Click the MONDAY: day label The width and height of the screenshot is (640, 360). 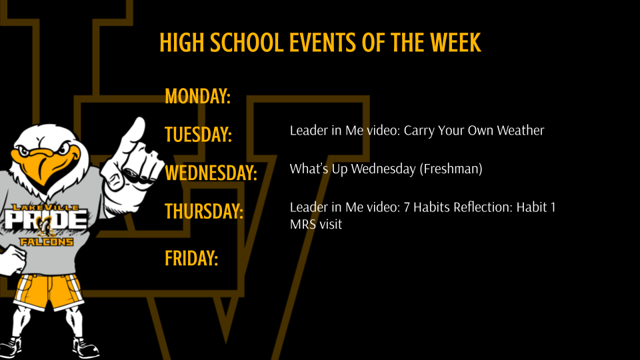coord(197,96)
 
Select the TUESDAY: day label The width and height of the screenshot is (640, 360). coord(198,135)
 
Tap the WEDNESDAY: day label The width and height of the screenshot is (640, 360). coord(211,173)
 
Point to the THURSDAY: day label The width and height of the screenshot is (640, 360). coord(204,212)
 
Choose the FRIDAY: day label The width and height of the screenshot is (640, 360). coord(191,258)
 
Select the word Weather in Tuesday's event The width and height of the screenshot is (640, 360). coord(519,131)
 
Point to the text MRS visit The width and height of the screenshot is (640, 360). coord(316,225)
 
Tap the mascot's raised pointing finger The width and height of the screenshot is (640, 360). coord(137,131)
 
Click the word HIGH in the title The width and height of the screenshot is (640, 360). coord(183,43)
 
